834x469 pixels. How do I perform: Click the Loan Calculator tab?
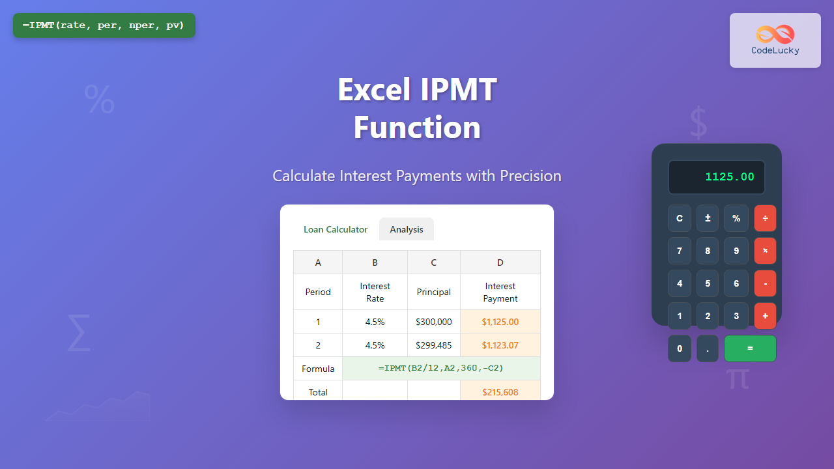(336, 229)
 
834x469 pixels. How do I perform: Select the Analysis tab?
(407, 229)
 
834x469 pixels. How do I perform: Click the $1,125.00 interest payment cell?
(500, 322)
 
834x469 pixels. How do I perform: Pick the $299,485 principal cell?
(433, 345)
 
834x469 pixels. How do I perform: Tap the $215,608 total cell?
(500, 391)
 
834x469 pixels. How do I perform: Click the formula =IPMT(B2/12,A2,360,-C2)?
(441, 368)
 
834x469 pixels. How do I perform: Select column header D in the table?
(500, 263)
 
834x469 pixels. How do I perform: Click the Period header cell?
(318, 292)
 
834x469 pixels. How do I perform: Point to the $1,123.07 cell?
(500, 345)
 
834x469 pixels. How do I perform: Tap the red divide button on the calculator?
(765, 218)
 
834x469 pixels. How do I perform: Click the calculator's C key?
(680, 218)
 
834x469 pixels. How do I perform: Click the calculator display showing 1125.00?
(717, 177)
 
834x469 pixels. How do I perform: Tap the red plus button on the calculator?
(765, 316)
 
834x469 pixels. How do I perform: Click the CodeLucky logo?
(775, 40)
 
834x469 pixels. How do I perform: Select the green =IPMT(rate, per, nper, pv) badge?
(104, 25)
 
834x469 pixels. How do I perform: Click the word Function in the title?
(417, 128)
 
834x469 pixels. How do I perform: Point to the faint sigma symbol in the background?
(78, 332)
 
